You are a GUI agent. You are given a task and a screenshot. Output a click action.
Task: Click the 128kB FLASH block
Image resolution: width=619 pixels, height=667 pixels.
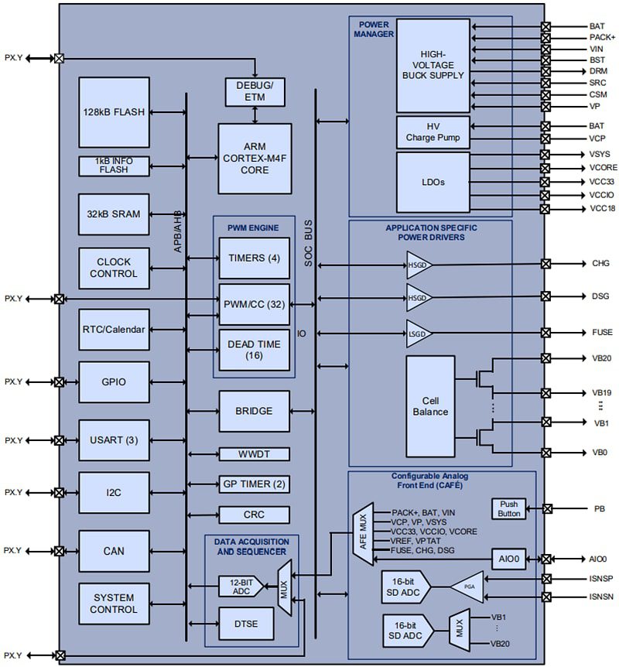click(x=114, y=112)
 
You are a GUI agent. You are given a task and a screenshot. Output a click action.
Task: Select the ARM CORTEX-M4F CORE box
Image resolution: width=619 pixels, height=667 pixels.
click(x=255, y=159)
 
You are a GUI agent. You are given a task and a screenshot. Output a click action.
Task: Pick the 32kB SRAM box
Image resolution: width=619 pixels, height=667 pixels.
click(x=114, y=214)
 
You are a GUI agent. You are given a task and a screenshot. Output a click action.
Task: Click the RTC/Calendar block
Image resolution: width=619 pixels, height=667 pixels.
click(x=114, y=329)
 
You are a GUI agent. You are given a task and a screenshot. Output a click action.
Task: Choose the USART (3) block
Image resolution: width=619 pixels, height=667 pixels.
click(x=114, y=440)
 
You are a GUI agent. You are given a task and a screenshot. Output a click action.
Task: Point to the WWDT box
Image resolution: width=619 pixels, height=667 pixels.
click(x=254, y=454)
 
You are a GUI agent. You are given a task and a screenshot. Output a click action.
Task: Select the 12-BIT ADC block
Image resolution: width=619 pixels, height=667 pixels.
click(x=240, y=586)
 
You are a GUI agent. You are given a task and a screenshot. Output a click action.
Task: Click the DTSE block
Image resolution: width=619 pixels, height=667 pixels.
click(x=240, y=622)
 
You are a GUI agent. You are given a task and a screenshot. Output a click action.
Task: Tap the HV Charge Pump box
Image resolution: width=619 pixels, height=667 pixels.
click(x=433, y=132)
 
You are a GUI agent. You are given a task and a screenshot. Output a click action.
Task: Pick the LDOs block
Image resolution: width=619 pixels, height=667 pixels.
click(x=433, y=183)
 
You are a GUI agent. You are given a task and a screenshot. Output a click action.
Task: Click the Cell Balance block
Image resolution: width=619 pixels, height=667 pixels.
click(x=430, y=406)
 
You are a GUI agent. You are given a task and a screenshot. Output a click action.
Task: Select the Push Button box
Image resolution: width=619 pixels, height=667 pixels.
click(x=508, y=508)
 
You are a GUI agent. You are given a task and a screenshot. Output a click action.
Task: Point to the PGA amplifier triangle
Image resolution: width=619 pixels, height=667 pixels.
click(x=467, y=586)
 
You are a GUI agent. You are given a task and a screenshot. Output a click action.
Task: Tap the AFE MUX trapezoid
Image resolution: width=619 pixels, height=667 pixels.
click(x=362, y=532)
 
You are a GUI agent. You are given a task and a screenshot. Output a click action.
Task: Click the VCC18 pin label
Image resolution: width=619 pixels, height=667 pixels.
click(x=602, y=209)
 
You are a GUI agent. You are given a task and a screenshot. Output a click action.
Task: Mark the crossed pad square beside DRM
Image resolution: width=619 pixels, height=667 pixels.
click(x=545, y=71)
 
